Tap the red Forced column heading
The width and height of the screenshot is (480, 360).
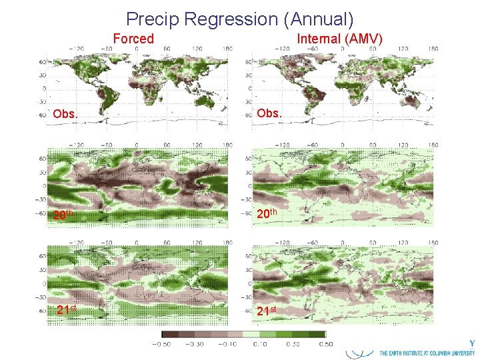133,39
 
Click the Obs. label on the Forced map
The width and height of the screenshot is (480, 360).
65,114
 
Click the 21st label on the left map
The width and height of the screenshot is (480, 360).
67,310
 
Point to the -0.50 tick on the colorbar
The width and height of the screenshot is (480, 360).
161,344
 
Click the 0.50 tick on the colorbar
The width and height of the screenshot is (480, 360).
326,344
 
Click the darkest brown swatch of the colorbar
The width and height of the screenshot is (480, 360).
169,334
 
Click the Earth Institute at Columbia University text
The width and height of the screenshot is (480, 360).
427,353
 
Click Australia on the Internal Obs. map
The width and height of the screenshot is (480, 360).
415,100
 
